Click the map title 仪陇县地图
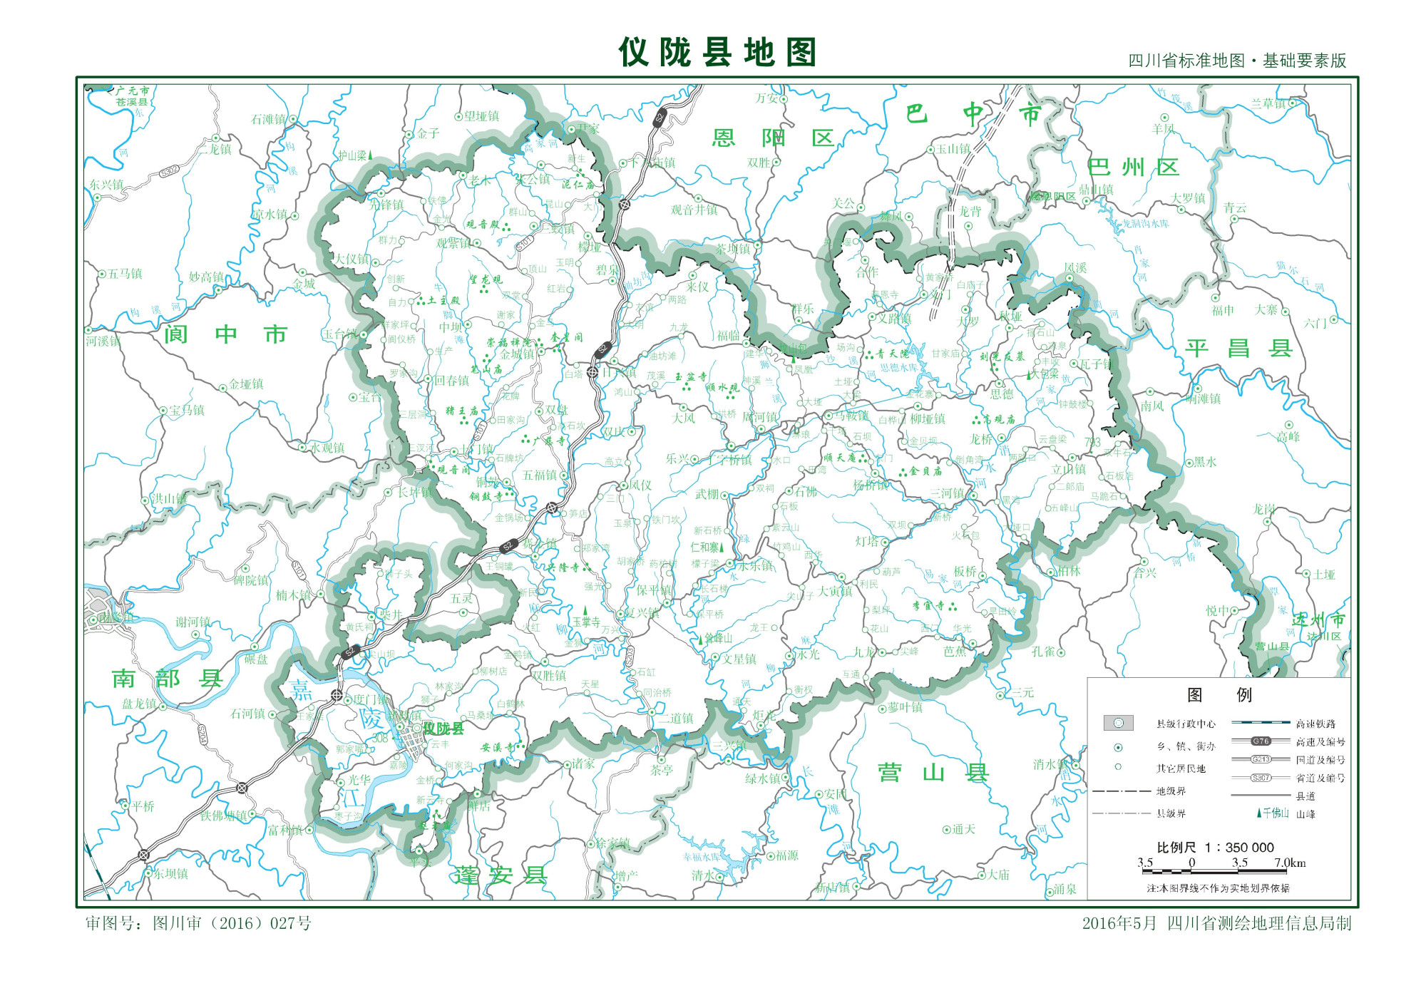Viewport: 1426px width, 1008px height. tap(717, 53)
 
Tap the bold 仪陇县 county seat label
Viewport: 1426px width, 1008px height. tap(443, 729)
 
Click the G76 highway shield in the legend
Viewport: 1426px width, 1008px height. tap(1261, 741)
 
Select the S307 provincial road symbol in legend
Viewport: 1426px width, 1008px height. tap(1261, 778)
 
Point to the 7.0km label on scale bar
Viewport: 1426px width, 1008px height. tap(1290, 863)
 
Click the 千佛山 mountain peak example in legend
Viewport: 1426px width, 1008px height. tap(1273, 813)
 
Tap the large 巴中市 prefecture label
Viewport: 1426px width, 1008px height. tap(973, 114)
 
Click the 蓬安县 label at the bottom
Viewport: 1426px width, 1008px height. tap(501, 875)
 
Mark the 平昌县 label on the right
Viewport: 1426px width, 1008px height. tap(1239, 349)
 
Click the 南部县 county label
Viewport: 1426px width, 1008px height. tap(168, 679)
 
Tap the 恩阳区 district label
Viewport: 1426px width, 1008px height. tap(773, 138)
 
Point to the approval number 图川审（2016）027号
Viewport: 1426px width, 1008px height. tap(198, 923)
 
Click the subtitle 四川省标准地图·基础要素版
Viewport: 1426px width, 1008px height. tap(1237, 61)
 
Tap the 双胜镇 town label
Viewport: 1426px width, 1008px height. tap(548, 675)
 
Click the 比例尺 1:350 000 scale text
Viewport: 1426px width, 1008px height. tap(1215, 847)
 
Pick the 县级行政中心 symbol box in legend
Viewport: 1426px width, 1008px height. tap(1118, 724)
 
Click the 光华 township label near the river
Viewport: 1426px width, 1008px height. tap(359, 780)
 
